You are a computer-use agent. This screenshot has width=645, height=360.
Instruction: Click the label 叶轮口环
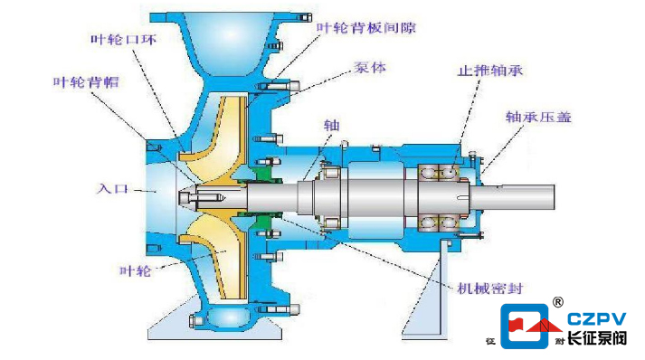[123, 40]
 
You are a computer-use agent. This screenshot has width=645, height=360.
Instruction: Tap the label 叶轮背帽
[86, 82]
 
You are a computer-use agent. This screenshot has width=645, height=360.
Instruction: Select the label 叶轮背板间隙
[366, 27]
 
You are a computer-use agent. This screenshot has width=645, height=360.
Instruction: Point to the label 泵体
[370, 68]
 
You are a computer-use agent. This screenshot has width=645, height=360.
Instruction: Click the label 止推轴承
[490, 71]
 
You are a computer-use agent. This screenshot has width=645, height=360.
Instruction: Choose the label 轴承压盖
[538, 117]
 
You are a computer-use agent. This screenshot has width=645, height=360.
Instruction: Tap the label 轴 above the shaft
[331, 125]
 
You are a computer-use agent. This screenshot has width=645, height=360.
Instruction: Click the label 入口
[112, 188]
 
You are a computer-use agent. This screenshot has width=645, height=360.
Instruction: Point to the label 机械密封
[490, 288]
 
